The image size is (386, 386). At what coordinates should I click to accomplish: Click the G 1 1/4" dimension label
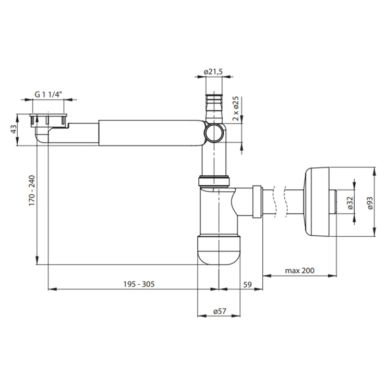(48, 94)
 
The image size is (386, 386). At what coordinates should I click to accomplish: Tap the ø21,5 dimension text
(213, 71)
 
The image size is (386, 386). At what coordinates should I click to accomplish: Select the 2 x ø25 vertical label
(236, 108)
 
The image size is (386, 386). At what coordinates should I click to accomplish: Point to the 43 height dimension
(14, 129)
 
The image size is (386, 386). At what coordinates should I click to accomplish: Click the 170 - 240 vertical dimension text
(32, 190)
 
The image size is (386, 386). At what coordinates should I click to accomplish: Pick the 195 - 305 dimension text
(139, 284)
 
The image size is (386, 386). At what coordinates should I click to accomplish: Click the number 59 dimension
(247, 284)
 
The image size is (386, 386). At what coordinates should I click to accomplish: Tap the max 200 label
(299, 271)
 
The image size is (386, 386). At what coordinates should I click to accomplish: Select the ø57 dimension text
(220, 311)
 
